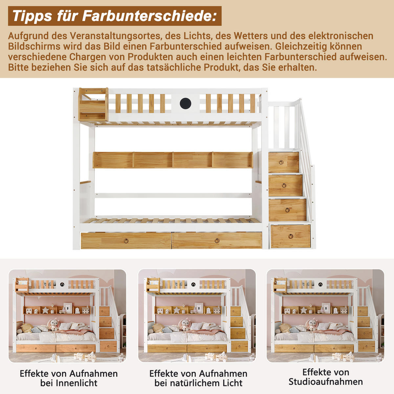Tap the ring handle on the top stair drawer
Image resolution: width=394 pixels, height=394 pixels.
[x=281, y=162]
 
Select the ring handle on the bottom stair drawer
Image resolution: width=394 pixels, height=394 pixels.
[x=291, y=236]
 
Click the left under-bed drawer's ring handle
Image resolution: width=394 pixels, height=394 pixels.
[x=126, y=241]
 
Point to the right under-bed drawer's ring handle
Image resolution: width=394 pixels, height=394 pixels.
[x=217, y=241]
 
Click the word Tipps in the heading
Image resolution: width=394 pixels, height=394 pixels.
[x=32, y=16]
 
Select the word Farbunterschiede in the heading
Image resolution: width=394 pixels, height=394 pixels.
[x=149, y=16]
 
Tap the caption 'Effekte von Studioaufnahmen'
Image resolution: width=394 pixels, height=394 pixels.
[x=325, y=377]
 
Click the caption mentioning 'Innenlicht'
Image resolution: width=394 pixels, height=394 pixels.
[x=69, y=378]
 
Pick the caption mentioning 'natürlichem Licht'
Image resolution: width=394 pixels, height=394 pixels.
[x=198, y=378]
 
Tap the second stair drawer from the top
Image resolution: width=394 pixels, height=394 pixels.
[x=285, y=186]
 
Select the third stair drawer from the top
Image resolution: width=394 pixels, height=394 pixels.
[x=287, y=210]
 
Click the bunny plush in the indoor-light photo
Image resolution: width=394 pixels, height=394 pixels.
[x=54, y=324]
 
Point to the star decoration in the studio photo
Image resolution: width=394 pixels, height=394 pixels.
[x=304, y=310]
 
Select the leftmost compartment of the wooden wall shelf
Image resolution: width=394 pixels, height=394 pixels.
[x=113, y=160]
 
